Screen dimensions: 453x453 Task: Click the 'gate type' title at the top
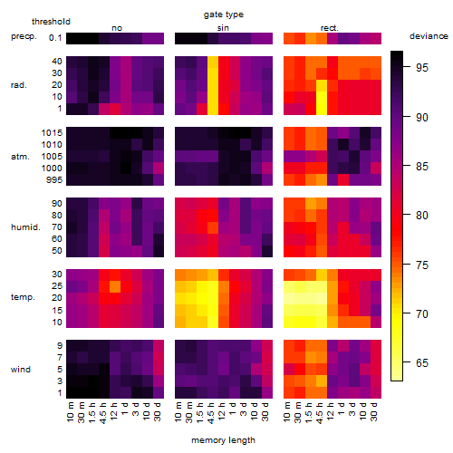(224, 14)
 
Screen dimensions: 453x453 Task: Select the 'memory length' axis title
(223, 440)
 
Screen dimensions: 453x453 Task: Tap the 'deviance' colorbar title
(429, 36)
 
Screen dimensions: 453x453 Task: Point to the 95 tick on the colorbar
(407, 66)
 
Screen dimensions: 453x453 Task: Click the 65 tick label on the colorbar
(422, 362)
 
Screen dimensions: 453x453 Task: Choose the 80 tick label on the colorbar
(422, 216)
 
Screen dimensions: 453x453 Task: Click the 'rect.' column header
(329, 28)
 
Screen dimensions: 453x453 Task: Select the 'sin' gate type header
(223, 28)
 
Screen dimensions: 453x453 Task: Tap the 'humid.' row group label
(25, 227)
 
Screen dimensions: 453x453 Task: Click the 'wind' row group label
(21, 370)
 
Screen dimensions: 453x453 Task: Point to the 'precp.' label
(24, 36)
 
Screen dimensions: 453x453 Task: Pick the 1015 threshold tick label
(52, 132)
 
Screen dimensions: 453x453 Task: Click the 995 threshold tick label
(54, 180)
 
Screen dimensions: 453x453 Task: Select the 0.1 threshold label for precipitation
(55, 38)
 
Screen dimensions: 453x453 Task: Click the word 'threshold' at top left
(51, 22)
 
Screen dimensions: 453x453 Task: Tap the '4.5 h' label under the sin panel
(211, 413)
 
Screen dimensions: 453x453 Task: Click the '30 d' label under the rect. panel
(374, 411)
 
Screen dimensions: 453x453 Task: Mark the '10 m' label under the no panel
(70, 412)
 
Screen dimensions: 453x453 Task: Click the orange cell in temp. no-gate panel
(115, 286)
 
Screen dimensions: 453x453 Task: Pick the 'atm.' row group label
(20, 157)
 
